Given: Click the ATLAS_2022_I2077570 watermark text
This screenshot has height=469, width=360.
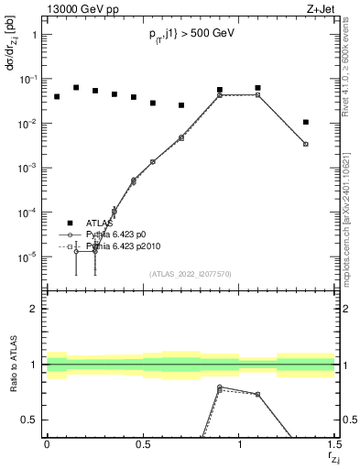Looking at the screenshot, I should tap(191, 273).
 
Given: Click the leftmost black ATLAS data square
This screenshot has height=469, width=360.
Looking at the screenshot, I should tap(57, 96).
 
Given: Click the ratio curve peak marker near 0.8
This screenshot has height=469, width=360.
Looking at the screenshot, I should tap(220, 387).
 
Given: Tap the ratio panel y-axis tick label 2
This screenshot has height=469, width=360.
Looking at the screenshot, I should tap(35, 309).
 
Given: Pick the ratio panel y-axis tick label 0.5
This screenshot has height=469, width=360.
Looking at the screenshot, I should tap(30, 420).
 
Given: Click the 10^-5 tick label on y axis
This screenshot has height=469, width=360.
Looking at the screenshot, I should tap(27, 257).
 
